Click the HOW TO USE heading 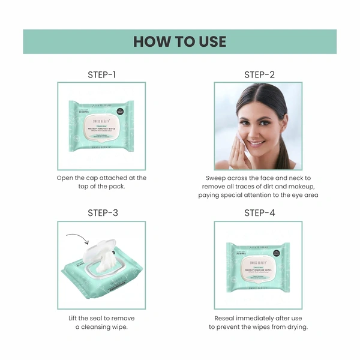coord(179,41)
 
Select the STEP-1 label coord(101,75)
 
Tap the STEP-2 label coord(259,75)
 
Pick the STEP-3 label coord(101,213)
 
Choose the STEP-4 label coord(259,213)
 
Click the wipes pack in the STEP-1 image coord(101,126)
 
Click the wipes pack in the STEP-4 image coord(259,267)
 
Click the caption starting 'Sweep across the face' coord(258,187)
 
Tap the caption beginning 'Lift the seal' coord(101,322)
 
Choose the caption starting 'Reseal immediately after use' coord(258,322)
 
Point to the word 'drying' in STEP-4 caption coord(294,327)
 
